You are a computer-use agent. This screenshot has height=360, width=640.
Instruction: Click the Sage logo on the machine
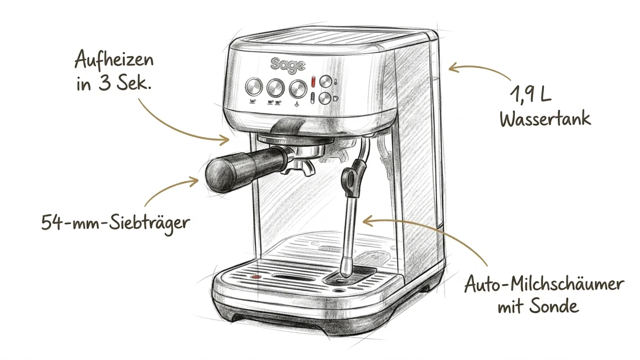pos(288,65)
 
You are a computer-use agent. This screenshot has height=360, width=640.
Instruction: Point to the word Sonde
pos(554,306)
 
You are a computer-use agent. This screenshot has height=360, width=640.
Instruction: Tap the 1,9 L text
pos(530,94)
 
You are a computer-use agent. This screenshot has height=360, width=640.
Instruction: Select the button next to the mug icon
pos(325,98)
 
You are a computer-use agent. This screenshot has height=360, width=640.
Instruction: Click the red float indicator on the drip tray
pos(256,276)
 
